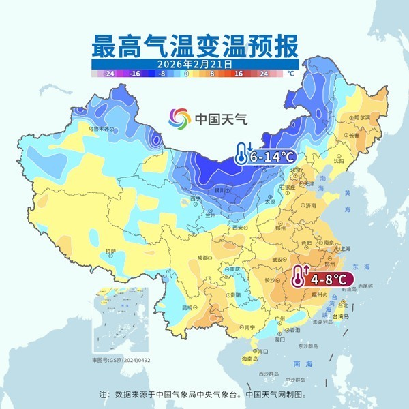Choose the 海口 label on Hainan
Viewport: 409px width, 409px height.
tap(263, 350)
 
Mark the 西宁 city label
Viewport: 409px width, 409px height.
tap(196, 198)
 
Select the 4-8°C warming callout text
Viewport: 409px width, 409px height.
tap(331, 278)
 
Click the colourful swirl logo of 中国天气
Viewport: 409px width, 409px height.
tap(181, 117)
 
